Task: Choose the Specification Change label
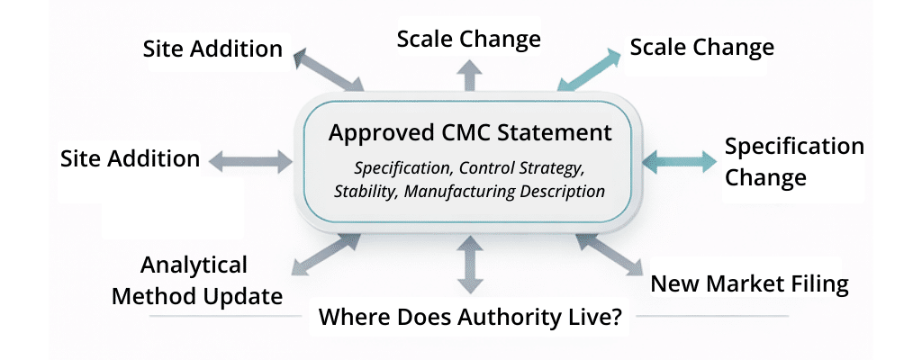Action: point(794,161)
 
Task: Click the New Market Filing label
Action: point(749,284)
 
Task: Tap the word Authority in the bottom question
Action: point(509,317)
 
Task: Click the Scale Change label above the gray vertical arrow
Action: point(468,39)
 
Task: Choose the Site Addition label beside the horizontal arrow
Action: point(130,159)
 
